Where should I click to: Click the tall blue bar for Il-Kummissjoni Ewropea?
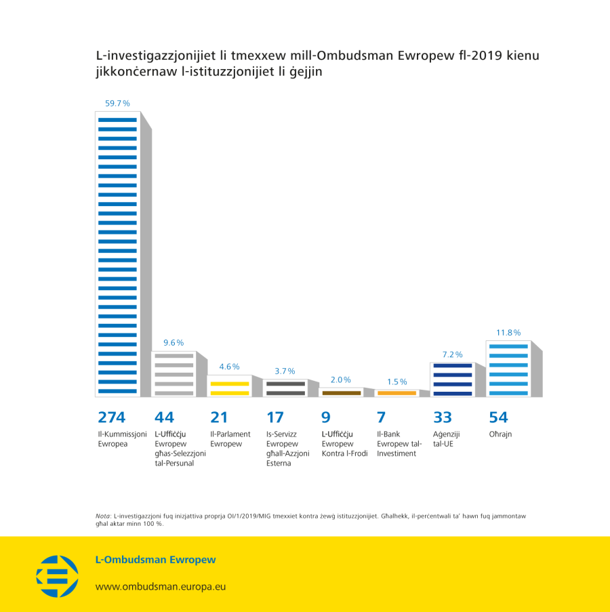coord(118,254)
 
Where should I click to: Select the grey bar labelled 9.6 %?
coord(174,374)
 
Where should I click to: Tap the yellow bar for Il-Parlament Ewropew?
coord(229,386)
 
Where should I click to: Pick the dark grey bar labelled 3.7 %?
coord(285,388)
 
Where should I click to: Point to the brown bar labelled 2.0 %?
coord(341,392)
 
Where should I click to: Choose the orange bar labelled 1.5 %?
coord(396,392)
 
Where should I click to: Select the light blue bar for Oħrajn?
coord(508,369)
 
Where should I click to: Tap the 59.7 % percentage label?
coord(117,103)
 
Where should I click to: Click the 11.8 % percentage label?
coord(508,332)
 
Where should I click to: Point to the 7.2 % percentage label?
coord(452,354)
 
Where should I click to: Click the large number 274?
coord(112,417)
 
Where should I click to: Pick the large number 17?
coord(275,417)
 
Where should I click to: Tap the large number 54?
coord(498,417)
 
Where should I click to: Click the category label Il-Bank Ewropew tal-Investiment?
coord(399,444)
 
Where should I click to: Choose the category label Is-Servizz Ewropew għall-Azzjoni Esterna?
coord(288,449)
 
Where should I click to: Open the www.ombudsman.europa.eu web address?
coord(160,587)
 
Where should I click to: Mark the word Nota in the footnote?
coord(104,516)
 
